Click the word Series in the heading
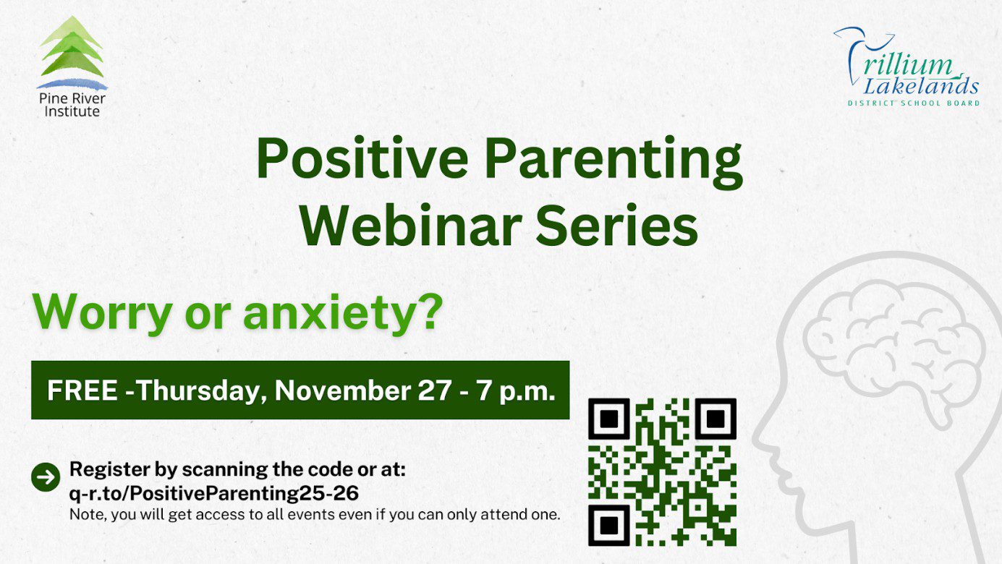[617, 225]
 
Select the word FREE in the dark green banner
[82, 390]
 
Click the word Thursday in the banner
[198, 391]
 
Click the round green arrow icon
[46, 477]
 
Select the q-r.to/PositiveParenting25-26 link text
[214, 493]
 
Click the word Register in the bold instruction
[109, 470]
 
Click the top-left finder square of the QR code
[609, 419]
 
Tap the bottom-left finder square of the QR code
[609, 526]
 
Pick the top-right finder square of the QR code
[716, 419]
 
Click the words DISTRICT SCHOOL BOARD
[914, 103]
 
